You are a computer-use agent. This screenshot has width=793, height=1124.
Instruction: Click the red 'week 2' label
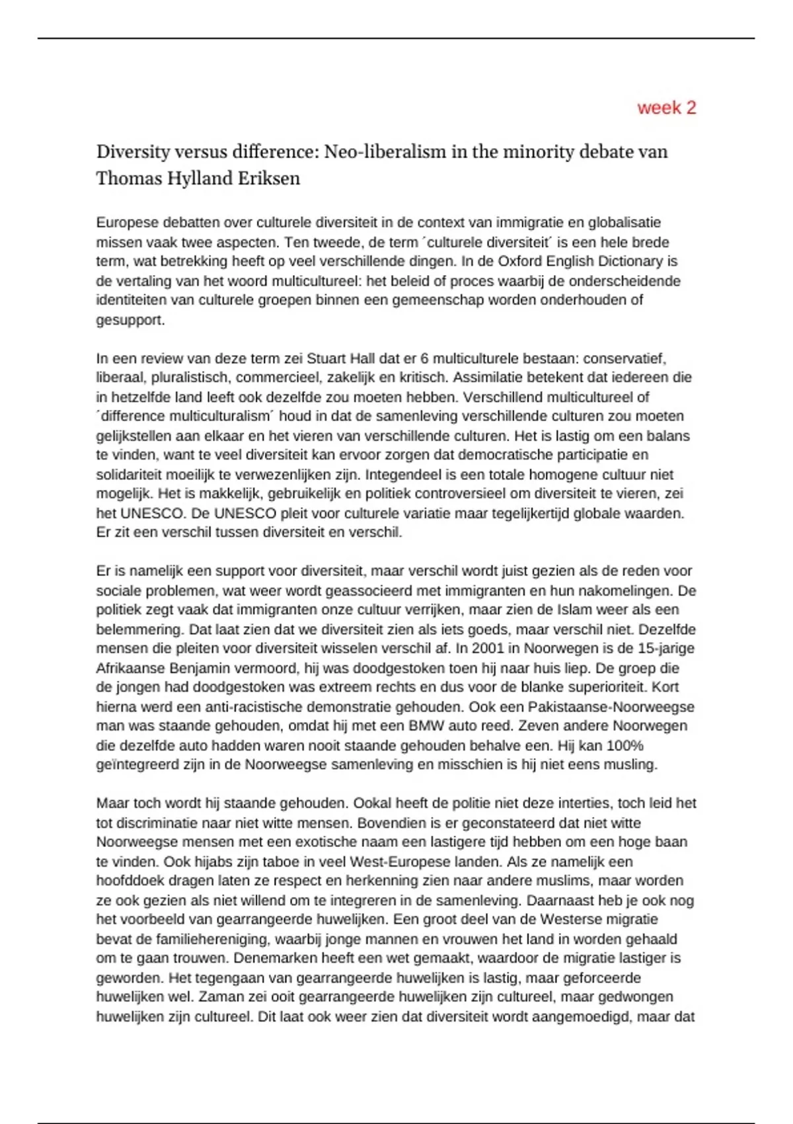click(x=666, y=108)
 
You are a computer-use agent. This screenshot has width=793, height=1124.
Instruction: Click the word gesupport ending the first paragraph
click(x=130, y=320)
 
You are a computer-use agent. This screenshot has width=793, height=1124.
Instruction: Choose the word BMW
click(x=427, y=726)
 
